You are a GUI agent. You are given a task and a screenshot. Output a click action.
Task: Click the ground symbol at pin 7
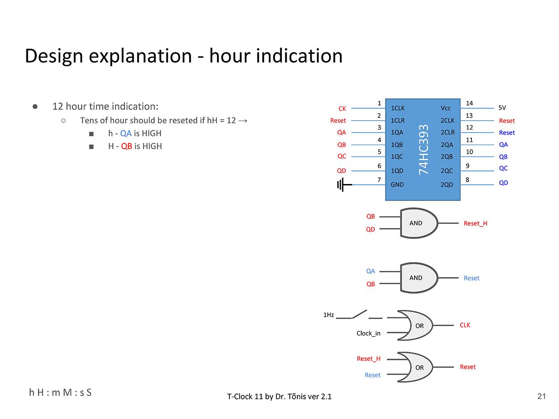[x=342, y=184]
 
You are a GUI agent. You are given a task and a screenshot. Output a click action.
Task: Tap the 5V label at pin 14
[x=502, y=108]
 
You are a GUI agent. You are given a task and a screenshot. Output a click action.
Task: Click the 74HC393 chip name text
[x=423, y=149]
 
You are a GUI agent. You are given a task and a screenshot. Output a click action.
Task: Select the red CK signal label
[x=342, y=109]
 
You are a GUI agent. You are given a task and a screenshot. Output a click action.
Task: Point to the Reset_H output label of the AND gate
[x=475, y=223]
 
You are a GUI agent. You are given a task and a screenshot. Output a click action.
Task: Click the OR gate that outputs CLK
[x=416, y=325]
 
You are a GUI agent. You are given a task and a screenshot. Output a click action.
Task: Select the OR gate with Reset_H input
[x=416, y=367]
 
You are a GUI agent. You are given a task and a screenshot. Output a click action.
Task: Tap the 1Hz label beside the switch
[x=329, y=315]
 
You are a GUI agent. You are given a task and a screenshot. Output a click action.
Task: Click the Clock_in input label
[x=368, y=333]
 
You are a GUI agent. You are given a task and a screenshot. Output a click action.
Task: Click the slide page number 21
[x=542, y=396]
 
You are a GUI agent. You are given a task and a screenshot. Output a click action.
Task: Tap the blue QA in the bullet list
[x=126, y=133]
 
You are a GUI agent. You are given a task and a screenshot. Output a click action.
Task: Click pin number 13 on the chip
[x=469, y=116]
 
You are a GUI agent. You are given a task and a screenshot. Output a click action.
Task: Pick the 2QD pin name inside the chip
[x=447, y=184]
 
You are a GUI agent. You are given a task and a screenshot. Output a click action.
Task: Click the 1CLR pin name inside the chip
[x=398, y=121]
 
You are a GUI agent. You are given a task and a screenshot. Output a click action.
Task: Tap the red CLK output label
[x=465, y=325]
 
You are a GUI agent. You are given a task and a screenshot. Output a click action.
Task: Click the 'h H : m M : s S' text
[x=60, y=392]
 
